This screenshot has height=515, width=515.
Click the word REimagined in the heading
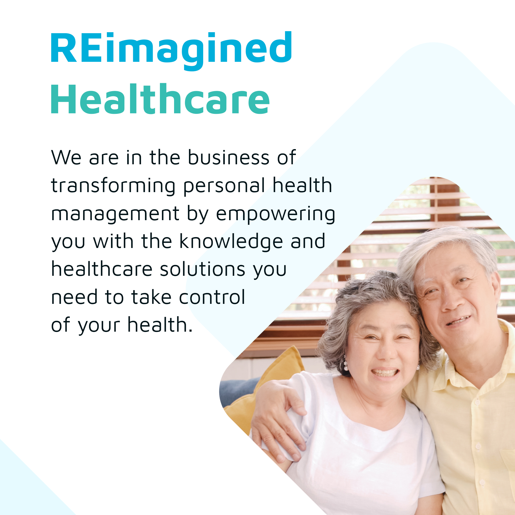point(171,51)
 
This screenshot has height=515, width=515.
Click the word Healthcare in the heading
point(160,99)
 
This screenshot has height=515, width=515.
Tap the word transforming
point(113,186)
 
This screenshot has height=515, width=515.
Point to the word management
point(115,214)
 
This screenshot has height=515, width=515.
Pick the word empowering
point(275,214)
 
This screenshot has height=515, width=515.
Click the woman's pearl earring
point(346,366)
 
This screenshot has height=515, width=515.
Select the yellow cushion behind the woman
point(267,392)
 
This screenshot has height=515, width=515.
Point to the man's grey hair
point(448,245)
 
